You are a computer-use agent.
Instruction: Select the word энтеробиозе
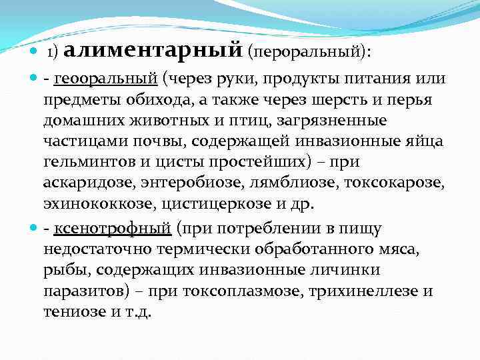point(181,184)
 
